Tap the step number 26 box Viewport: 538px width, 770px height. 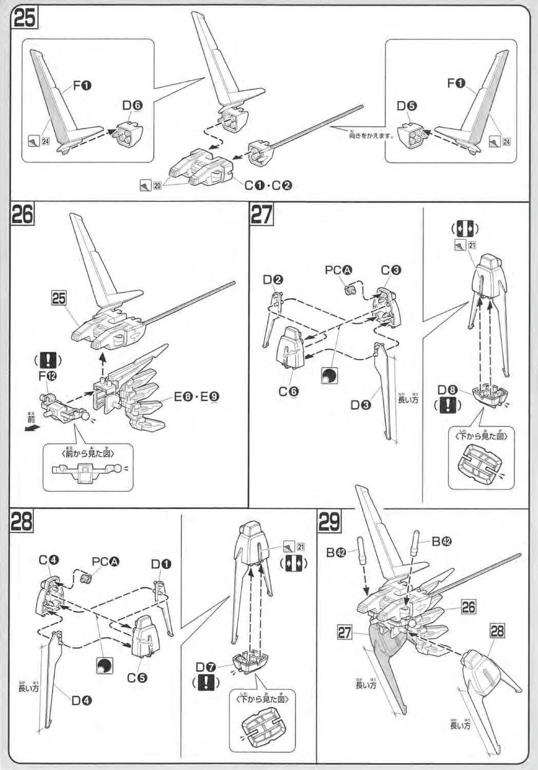(x=23, y=214)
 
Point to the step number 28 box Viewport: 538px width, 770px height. (x=22, y=522)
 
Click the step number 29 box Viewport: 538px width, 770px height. (x=330, y=522)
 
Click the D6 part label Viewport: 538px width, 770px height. (x=132, y=105)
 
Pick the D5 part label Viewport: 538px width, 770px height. (x=407, y=106)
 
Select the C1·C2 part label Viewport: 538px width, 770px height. (x=268, y=185)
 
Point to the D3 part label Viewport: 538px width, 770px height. (x=361, y=405)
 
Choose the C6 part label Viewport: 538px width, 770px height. (x=289, y=392)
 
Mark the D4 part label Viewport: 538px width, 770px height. (x=81, y=700)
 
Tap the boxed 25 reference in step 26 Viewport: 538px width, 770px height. (x=59, y=298)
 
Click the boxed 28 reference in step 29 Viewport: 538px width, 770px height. (x=497, y=630)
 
